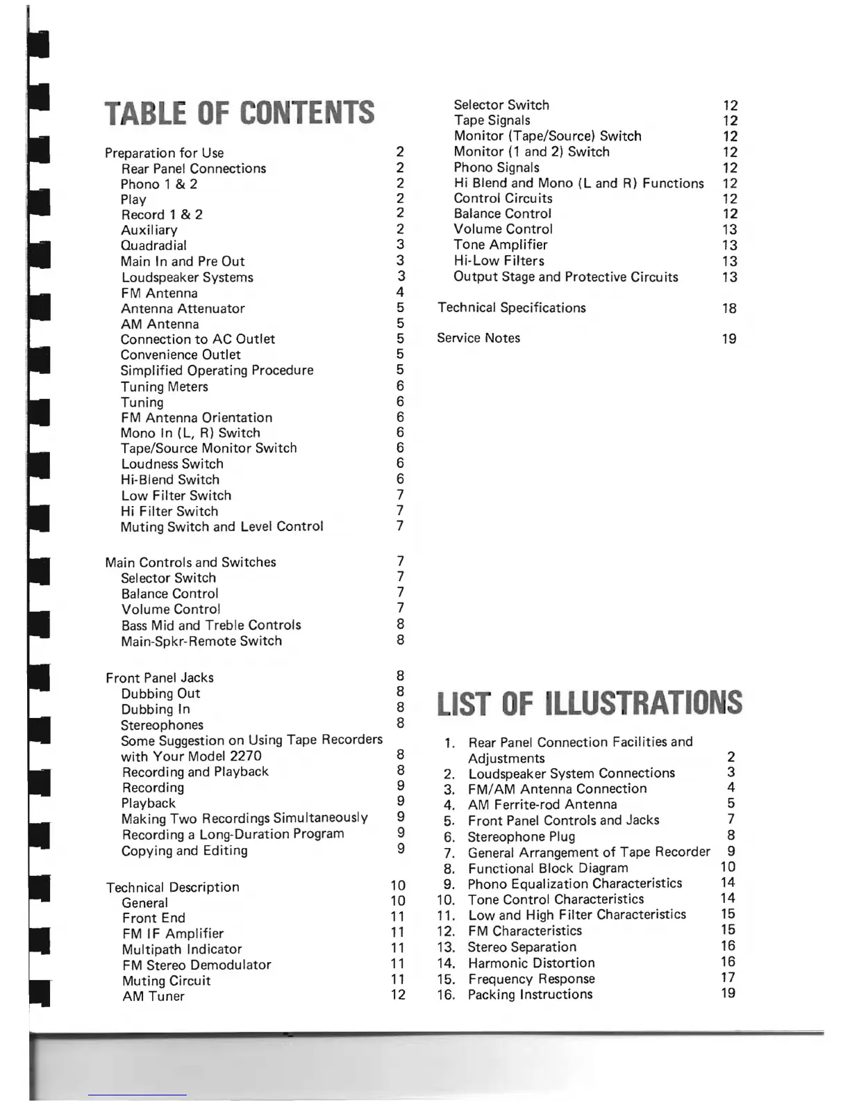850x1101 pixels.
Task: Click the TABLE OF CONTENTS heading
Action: tap(240, 113)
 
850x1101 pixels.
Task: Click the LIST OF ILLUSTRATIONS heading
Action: tap(590, 703)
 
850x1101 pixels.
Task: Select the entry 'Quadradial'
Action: tap(153, 245)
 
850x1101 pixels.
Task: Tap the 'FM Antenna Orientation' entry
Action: tap(197, 418)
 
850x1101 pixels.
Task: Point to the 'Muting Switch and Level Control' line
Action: tap(222, 527)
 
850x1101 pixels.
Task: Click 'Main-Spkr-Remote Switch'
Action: tap(201, 641)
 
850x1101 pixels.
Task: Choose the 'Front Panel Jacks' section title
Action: tap(160, 678)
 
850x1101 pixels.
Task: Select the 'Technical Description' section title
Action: tap(173, 887)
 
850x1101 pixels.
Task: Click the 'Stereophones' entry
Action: tap(162, 725)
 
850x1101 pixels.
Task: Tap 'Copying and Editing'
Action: tap(184, 851)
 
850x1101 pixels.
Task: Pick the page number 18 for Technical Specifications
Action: tap(729, 309)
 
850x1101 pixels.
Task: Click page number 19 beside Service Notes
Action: tap(729, 339)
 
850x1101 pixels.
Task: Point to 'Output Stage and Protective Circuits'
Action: tap(566, 277)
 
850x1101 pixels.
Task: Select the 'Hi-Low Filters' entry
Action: tap(499, 261)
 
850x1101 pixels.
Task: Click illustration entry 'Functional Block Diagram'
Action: tap(548, 868)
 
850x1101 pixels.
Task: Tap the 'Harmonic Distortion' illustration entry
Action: tap(531, 963)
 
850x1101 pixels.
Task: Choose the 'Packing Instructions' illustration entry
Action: tap(530, 995)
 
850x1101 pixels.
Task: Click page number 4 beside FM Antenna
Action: tap(400, 293)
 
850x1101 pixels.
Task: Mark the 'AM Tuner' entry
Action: tap(153, 996)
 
